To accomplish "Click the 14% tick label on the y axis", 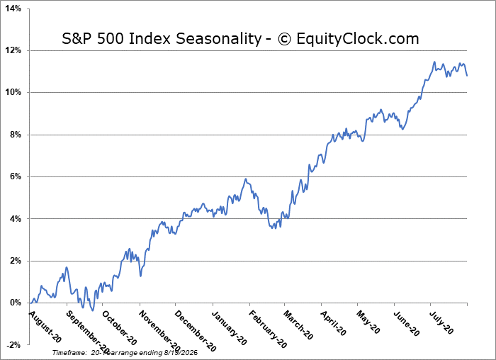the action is coord(13,9).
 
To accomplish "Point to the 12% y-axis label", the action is coord(13,50).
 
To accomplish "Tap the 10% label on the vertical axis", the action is coord(13,92).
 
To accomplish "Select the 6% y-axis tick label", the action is coord(16,176).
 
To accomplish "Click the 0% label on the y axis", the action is coord(16,303).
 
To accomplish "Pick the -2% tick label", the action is coord(14,345).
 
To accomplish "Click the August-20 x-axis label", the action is coord(45,327).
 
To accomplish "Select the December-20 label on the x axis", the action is coord(195,331).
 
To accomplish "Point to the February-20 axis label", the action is coord(268,330).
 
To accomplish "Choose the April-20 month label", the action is coord(334,323).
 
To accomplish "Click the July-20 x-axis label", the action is coord(441,322).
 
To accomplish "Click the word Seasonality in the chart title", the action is coord(218,39).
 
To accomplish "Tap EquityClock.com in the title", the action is coord(358,39).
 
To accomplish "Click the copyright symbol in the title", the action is coord(284,39).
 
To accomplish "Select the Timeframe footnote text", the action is coord(125,352).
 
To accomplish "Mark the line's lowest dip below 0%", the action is coord(92,310).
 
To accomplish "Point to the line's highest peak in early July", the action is coord(434,62).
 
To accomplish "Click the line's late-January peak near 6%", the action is coord(246,179).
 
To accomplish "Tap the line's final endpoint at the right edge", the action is coord(467,76).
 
